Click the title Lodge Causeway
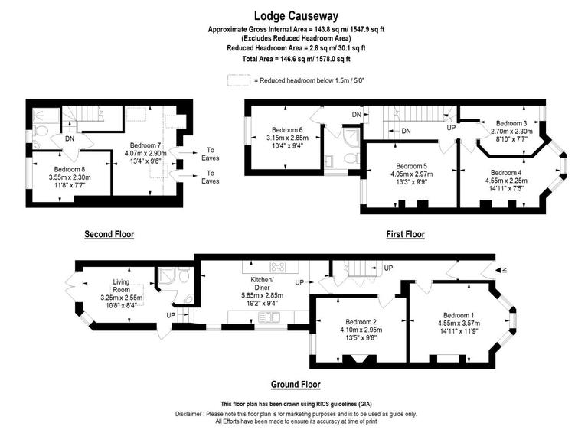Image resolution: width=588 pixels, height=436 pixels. click(x=295, y=15)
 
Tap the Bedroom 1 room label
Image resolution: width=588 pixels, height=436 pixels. click(x=459, y=315)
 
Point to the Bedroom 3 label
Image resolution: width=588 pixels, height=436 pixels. click(x=511, y=123)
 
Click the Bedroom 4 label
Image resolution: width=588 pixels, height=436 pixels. click(x=505, y=173)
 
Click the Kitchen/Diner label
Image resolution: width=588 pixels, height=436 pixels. click(x=263, y=287)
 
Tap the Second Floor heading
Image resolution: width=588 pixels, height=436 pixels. click(x=109, y=234)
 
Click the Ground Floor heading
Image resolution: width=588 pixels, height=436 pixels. click(x=296, y=385)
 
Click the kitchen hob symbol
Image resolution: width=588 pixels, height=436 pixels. click(x=279, y=267)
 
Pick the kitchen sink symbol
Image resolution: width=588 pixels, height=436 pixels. click(x=269, y=317)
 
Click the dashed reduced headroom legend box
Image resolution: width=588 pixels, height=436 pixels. click(x=239, y=80)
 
